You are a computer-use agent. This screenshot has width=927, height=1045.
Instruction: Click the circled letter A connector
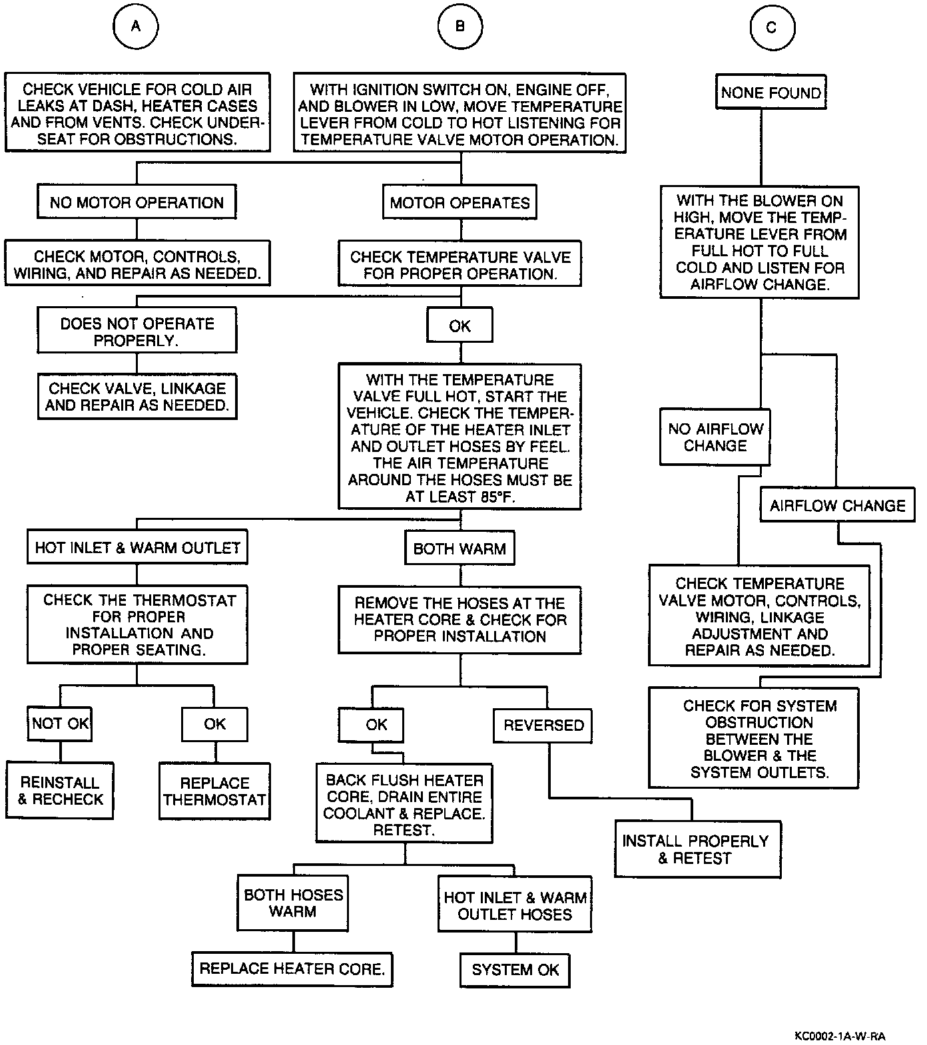(136, 27)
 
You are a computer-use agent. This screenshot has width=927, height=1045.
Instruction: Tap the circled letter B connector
(460, 27)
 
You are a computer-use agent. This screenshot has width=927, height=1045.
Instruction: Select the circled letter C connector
(771, 27)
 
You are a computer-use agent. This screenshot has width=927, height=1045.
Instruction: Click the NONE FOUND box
(771, 93)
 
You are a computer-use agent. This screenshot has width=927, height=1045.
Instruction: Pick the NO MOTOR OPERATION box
(137, 202)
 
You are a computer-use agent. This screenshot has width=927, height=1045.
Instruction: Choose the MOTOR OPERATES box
(460, 202)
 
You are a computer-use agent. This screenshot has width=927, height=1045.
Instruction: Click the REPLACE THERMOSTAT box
(214, 791)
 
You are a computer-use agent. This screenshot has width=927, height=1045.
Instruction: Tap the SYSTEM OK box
(515, 970)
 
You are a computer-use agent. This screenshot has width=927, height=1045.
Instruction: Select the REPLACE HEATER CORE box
(292, 968)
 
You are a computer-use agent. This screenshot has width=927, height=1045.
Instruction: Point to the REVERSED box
(543, 725)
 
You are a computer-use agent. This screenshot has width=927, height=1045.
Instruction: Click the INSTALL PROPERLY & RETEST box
(697, 849)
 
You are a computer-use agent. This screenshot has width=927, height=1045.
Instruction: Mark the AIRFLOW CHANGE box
(838, 505)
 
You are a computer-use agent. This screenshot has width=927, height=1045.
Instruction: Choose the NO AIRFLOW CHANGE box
(715, 437)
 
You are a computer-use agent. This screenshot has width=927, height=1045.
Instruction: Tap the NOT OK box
(60, 724)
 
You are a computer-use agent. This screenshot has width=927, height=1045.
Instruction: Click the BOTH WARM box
(460, 548)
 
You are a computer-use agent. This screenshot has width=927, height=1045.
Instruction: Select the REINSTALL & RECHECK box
(60, 791)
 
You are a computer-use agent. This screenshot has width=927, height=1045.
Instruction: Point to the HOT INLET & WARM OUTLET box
(137, 548)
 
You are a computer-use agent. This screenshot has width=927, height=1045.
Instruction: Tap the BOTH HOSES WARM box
(293, 903)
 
